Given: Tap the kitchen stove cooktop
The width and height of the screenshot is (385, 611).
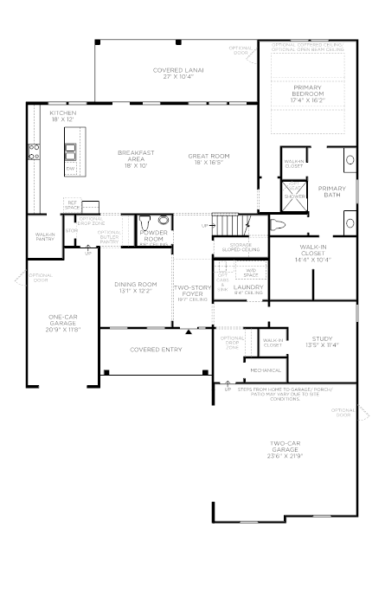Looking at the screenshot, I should [35, 152].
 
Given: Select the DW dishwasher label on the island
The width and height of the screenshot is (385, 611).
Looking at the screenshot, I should [70, 168].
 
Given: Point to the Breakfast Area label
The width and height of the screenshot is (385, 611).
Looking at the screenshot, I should [136, 157].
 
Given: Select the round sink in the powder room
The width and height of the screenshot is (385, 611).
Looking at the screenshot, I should [163, 222].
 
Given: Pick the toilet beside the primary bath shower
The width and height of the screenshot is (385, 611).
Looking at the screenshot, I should [278, 226].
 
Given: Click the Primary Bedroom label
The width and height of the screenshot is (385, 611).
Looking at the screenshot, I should [308, 90].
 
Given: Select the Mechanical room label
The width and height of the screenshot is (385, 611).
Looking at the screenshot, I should [266, 370].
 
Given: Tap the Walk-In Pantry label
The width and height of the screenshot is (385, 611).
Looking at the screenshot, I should [45, 236].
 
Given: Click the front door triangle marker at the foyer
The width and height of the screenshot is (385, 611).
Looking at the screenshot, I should [189, 330].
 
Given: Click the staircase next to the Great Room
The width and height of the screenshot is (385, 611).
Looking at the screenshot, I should [229, 224].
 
